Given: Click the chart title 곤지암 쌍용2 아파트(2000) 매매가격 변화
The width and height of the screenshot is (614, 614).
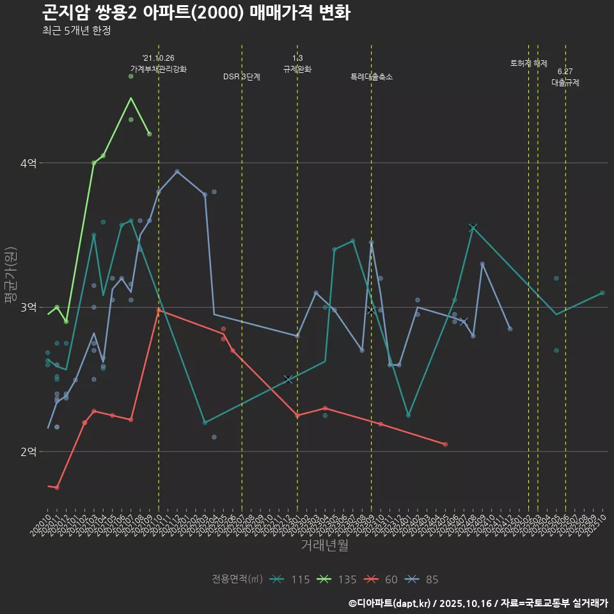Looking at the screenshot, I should point(196,13).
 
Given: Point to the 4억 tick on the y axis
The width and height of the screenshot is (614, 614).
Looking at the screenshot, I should point(28,163).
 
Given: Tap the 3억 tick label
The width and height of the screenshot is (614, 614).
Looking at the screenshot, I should point(28,308).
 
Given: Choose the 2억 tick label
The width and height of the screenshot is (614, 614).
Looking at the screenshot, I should point(28,452).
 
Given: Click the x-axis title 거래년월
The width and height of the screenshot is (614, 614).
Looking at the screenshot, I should point(325,546).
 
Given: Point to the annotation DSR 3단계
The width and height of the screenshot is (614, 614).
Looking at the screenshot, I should point(242,77).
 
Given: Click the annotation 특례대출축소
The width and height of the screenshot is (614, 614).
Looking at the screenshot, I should point(372,77).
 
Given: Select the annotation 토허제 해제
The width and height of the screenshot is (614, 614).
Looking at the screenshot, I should point(529,63).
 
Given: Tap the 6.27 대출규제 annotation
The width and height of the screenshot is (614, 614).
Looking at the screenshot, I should point(565,77).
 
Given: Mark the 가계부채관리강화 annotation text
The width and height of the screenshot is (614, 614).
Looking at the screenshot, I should point(159,68).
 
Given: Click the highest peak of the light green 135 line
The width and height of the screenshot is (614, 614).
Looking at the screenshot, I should point(130,98).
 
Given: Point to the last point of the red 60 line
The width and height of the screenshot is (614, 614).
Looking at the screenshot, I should point(445,444).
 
